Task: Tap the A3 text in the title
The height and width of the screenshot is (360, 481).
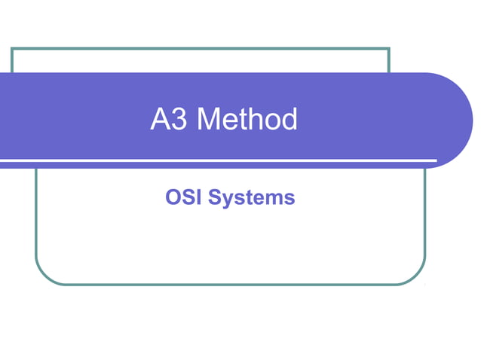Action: [169, 120]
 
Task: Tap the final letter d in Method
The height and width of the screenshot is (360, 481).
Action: [289, 120]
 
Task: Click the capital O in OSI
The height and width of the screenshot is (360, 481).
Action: [173, 198]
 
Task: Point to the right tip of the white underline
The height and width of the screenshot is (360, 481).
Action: [435, 160]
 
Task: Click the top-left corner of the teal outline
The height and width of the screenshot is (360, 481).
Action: [12, 49]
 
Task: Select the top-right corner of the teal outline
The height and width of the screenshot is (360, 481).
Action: [388, 49]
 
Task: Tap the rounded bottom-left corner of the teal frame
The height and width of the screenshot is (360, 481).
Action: [41, 276]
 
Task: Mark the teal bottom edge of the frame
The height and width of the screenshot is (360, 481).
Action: [226, 284]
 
